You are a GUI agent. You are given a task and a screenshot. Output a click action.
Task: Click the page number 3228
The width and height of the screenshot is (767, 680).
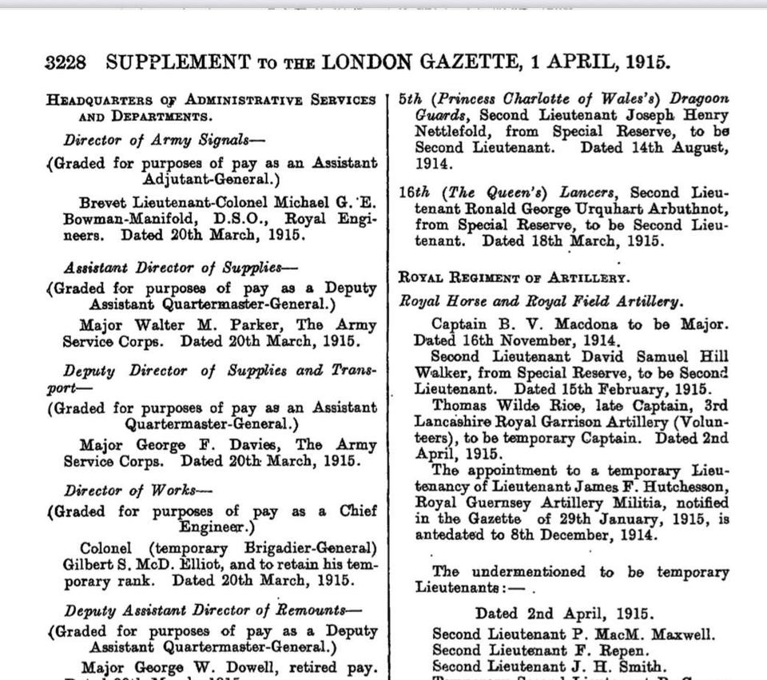point(66,63)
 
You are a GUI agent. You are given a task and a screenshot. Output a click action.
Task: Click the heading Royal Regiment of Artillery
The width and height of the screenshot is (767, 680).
point(514,278)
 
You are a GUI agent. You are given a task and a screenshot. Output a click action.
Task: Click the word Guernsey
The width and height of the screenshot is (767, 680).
point(492,503)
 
